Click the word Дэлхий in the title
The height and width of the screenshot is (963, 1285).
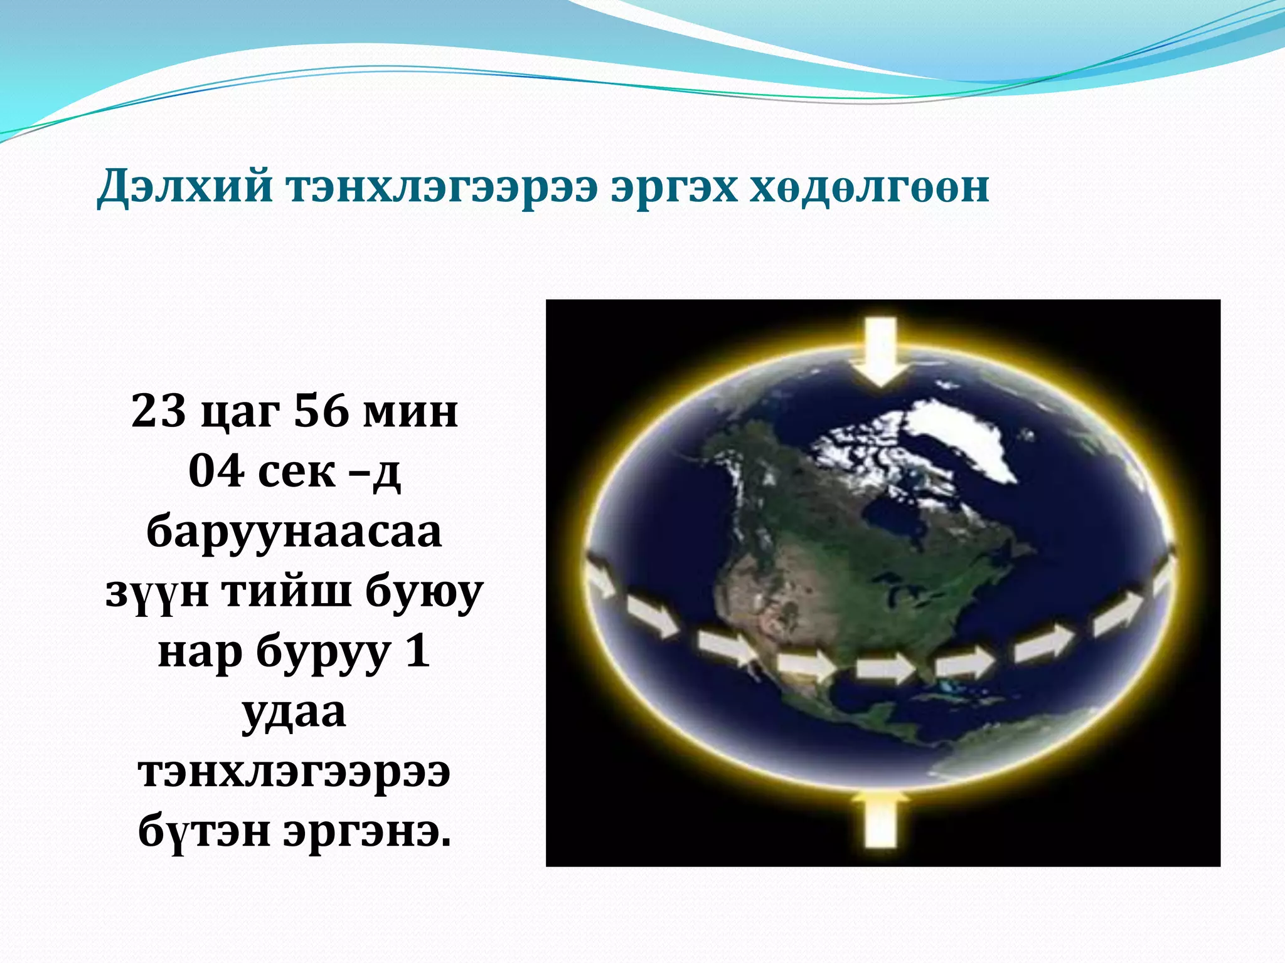point(185,187)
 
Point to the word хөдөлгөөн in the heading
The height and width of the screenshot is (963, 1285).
point(870,187)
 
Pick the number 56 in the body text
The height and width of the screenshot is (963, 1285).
point(321,411)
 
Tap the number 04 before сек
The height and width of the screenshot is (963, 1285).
point(216,471)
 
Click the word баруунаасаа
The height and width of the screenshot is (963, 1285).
point(294,532)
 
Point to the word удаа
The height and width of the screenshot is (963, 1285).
point(294,713)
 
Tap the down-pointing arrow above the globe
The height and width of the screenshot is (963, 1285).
point(882,351)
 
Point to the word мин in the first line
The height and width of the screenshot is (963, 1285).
point(411,411)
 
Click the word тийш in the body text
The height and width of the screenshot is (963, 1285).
point(286,592)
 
